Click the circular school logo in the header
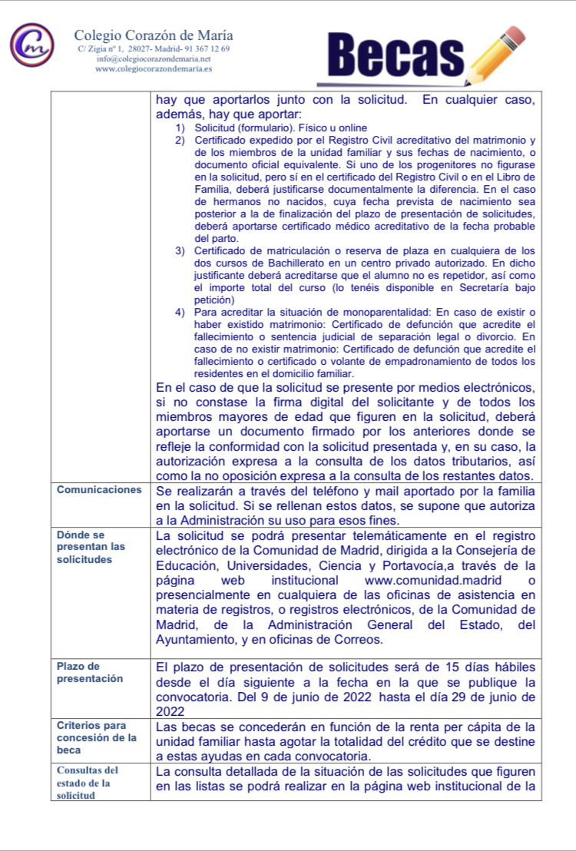coord(32,45)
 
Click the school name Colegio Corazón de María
coord(154,35)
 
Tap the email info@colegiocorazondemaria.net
coord(154,58)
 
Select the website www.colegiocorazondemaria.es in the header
coord(154,68)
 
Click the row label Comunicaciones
coord(99,489)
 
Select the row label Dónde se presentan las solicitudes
coord(91,547)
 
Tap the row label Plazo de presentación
coord(90,672)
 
